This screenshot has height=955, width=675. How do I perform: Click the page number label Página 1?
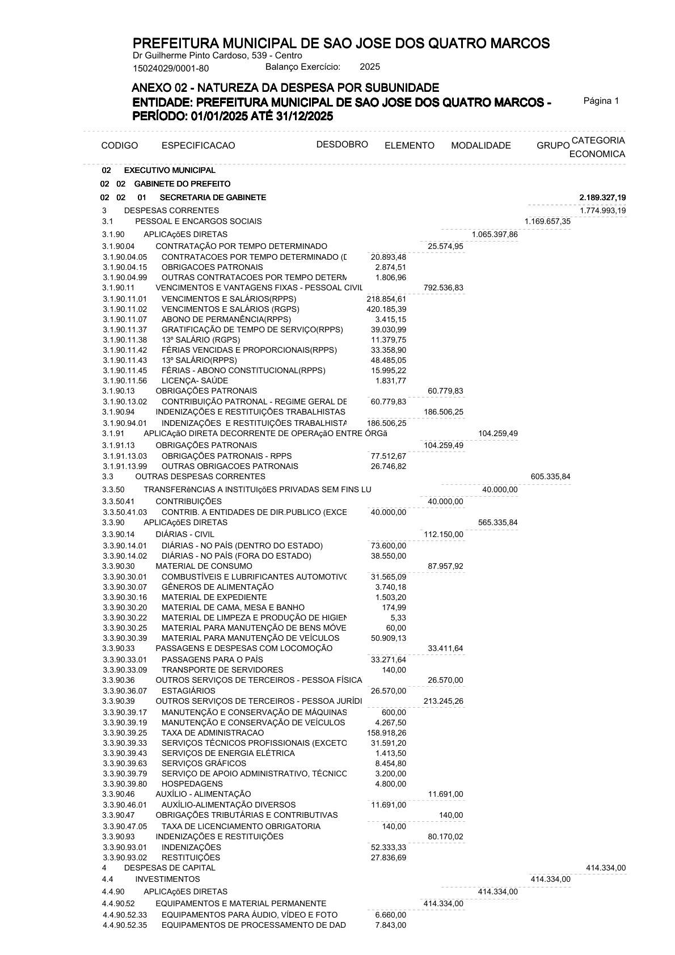click(601, 101)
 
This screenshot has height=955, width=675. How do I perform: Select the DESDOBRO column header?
click(342, 144)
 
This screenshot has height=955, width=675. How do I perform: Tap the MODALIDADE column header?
click(480, 146)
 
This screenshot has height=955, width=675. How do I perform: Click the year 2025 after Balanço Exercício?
click(370, 67)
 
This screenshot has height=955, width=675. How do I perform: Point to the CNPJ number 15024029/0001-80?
click(171, 69)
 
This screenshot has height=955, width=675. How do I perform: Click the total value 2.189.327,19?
click(602, 197)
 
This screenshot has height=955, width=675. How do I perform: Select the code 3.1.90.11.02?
click(125, 309)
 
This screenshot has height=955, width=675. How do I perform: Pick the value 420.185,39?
click(386, 309)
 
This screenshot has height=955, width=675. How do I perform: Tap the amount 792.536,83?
click(443, 288)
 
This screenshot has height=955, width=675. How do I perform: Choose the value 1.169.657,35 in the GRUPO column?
click(547, 221)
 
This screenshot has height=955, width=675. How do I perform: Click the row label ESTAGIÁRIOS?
click(188, 691)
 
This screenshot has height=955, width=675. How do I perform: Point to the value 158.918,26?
click(386, 733)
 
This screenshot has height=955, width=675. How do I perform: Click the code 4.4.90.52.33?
click(125, 915)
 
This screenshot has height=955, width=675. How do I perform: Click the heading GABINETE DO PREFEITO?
click(182, 184)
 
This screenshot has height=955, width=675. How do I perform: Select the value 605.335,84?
click(550, 476)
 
